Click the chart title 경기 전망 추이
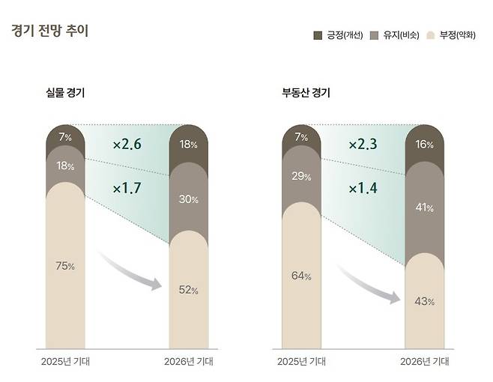click(49, 31)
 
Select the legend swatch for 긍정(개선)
click(317, 35)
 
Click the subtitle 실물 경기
click(65, 94)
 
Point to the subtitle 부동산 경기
click(306, 94)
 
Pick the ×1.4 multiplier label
click(363, 188)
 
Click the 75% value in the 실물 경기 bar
click(65, 266)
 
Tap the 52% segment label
click(189, 290)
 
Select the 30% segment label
click(189, 199)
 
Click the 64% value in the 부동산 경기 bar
click(301, 276)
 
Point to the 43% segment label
click(425, 301)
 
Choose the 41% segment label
click(425, 207)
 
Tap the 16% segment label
click(425, 145)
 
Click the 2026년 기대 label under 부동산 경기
click(425, 361)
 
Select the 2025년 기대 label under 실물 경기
click(65, 361)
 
